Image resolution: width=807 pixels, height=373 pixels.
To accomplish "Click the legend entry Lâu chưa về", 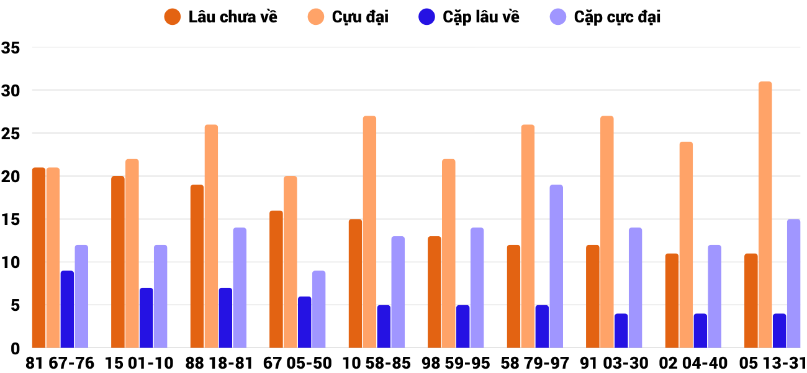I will [220, 17].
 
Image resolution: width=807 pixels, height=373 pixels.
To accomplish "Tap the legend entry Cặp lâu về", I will [469, 17].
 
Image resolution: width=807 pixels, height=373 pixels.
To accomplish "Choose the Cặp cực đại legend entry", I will [605, 17].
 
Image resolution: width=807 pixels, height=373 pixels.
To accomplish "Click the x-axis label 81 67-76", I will [60, 363].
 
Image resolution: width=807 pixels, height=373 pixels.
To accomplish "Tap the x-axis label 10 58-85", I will [377, 363].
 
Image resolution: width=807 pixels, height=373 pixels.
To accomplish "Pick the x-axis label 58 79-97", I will [535, 363].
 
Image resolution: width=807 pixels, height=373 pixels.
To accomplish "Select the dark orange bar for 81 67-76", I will [38, 257].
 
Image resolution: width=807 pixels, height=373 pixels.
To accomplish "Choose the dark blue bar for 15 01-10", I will [146, 318].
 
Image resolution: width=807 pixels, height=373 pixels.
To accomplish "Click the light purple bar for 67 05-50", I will [318, 309].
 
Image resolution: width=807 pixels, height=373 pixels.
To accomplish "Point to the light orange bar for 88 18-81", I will [211, 236].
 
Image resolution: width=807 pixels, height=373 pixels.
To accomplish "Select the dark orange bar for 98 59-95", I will [435, 292].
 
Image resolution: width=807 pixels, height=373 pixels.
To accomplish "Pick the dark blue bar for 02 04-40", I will [700, 331].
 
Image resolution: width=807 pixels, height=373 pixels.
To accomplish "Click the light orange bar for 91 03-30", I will [607, 232].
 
